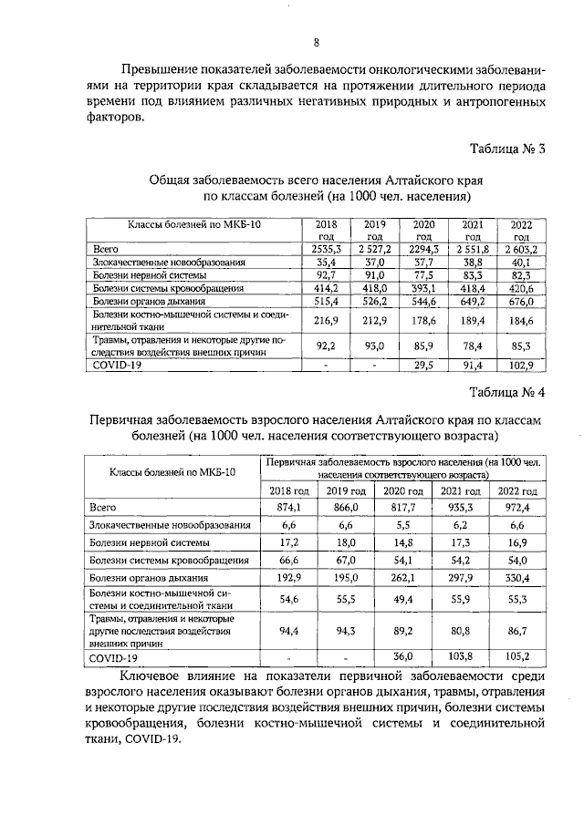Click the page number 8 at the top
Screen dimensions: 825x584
tap(316, 42)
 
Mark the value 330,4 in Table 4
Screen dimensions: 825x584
tap(514, 577)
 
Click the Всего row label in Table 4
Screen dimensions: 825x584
tap(102, 507)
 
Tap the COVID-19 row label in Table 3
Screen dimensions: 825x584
tap(115, 366)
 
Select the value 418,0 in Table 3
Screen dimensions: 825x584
tap(375, 287)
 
